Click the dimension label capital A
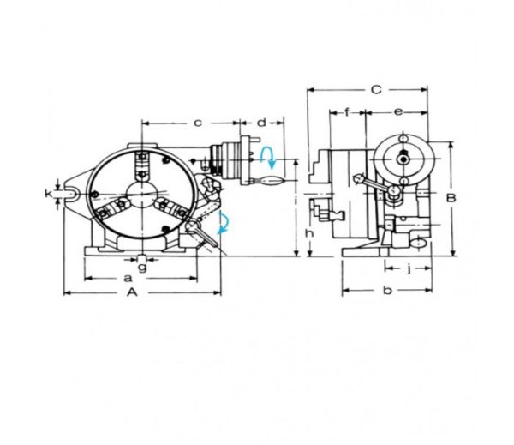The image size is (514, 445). pos(132,292)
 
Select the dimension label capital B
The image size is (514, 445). pos(451,198)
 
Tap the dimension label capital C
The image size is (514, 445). pos(376,89)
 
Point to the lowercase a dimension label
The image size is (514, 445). pos(128,279)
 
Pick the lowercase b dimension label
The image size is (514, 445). pos(387,290)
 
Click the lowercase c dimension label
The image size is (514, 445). pos(197,123)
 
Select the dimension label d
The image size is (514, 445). pos(261,123)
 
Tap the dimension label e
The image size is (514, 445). pos(398,112)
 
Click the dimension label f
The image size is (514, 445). pos(347,112)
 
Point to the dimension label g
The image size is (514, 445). pos(142,268)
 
